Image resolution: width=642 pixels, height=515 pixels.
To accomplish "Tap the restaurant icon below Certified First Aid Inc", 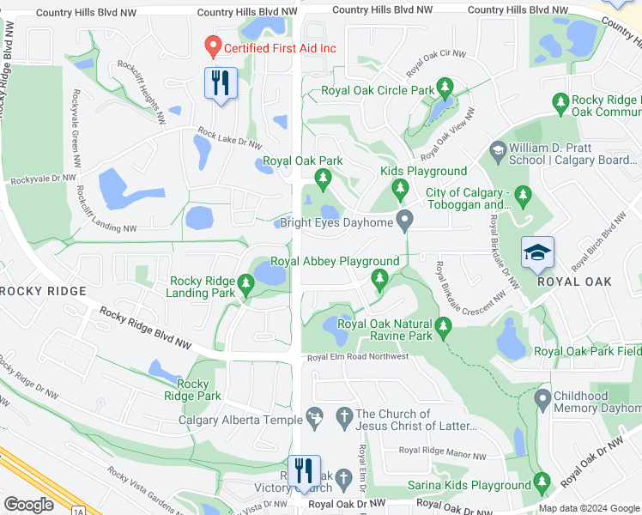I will coord(221,83).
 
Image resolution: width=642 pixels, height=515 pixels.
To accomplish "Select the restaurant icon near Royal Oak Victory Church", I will coord(303,471).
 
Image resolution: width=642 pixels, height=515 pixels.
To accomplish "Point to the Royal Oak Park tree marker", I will coord(323,179).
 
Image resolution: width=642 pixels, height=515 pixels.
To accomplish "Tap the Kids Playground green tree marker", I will coord(398,187).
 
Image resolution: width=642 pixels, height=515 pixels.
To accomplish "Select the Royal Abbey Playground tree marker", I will coord(379,277).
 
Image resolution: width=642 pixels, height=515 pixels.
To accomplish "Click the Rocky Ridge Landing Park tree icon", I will coord(246,282).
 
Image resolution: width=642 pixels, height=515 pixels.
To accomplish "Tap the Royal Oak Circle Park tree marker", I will coord(445,87).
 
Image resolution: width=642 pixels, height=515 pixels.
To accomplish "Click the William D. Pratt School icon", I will coord(497,151).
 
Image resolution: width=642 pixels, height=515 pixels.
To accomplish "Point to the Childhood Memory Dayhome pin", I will coord(542,398).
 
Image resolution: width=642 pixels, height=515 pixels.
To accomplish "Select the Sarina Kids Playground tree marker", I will coord(541,482).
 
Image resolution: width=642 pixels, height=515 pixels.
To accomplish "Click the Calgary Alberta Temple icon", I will coord(315,417).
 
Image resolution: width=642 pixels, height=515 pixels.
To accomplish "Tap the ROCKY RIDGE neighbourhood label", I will coord(43,291).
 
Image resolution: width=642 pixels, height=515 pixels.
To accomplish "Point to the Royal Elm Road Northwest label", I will coord(358,356).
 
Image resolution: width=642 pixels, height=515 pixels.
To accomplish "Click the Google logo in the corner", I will coord(29,505).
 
